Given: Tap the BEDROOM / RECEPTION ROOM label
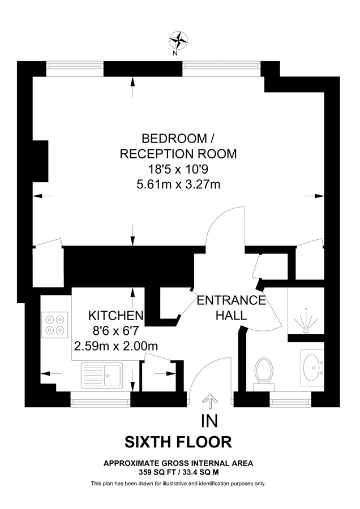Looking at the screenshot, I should click(177, 146).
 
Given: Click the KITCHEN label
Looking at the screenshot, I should click(116, 315).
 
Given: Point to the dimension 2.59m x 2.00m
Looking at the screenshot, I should click(115, 345).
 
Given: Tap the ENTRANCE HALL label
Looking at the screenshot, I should click(231, 308).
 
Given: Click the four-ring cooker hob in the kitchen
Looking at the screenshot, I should click(55, 324).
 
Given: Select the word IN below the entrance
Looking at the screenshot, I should click(209, 421).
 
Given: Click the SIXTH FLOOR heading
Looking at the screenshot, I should click(178, 442).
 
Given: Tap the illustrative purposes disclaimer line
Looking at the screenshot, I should click(178, 484).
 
